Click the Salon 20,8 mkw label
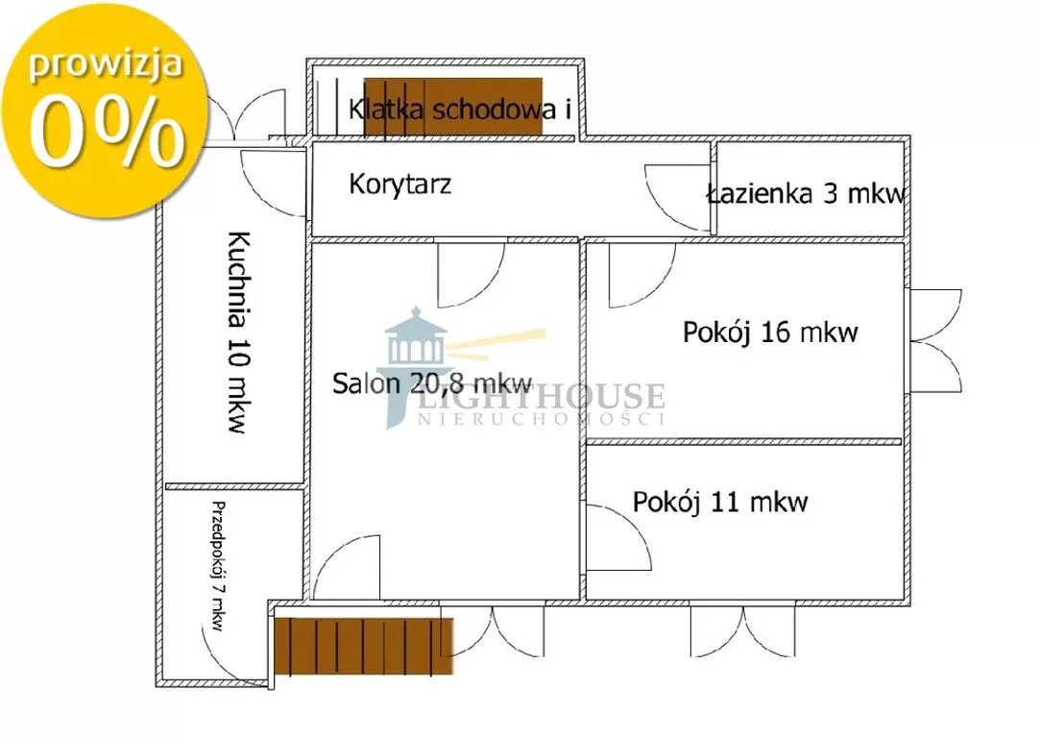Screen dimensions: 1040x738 point(432,383)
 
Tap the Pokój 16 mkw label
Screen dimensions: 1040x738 point(770,332)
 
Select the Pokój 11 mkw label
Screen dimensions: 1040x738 point(720,502)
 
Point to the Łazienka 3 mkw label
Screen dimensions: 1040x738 point(806,193)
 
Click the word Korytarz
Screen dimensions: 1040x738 point(399,184)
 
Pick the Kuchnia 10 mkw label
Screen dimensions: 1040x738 point(238,332)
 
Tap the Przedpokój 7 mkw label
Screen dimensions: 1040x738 point(218,566)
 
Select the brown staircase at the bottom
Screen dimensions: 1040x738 point(363,646)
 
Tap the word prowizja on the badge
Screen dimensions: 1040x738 point(106,65)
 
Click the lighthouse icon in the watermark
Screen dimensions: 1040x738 point(415,365)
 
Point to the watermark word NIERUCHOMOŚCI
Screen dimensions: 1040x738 point(541,418)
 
